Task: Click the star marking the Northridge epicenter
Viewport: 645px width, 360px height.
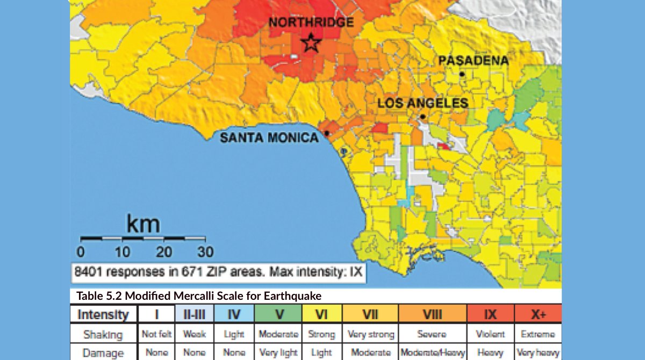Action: click(311, 43)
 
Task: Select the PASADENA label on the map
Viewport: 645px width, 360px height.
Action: click(474, 60)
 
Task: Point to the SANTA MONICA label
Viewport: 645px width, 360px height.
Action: click(269, 138)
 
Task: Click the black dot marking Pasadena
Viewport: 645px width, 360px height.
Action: click(461, 74)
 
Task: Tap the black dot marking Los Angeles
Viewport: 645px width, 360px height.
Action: click(423, 117)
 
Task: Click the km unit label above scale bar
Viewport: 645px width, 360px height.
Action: click(143, 224)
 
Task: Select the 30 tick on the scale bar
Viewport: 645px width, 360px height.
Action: click(204, 251)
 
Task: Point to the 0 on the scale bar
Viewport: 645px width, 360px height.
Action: click(81, 251)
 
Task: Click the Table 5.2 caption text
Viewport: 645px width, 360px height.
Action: click(199, 296)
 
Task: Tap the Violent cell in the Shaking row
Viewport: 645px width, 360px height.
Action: click(490, 334)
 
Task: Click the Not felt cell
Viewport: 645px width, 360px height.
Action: click(156, 334)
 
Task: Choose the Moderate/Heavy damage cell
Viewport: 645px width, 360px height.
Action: click(432, 353)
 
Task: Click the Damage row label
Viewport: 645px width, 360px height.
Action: click(103, 353)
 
